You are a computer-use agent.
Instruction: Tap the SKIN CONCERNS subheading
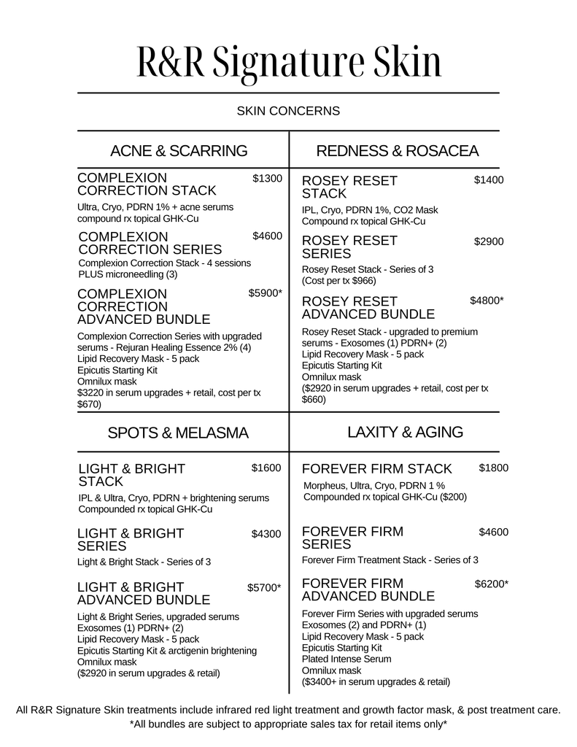click(288, 112)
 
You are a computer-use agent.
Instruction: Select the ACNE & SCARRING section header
click(179, 151)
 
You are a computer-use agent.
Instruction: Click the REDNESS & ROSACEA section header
click(397, 151)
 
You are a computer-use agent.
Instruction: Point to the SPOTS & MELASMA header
click(178, 433)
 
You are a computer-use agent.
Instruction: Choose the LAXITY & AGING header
click(405, 432)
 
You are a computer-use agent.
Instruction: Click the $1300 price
click(267, 179)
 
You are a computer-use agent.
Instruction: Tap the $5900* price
click(265, 293)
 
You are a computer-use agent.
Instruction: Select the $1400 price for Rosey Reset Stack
click(489, 180)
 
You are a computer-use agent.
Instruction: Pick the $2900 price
click(489, 241)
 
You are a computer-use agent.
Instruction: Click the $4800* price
click(487, 301)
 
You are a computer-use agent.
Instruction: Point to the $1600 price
click(266, 468)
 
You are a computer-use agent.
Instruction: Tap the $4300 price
click(266, 534)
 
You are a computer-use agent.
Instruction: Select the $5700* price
click(264, 587)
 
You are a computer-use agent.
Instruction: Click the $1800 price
click(494, 468)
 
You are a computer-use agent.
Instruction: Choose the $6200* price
click(492, 584)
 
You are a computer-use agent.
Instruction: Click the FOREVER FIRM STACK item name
click(377, 468)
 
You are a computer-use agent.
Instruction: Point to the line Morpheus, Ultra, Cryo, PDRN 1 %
click(374, 485)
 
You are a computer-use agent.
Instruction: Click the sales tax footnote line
click(288, 724)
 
